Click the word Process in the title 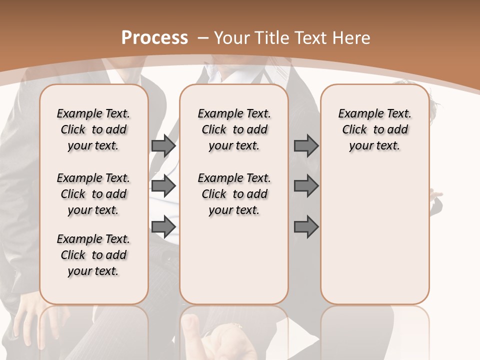[x=154, y=37]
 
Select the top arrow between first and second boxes [x=163, y=146]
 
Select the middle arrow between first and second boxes [x=163, y=186]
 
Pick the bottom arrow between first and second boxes [x=163, y=226]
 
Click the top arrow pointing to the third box [x=306, y=146]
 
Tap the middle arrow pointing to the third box [x=306, y=186]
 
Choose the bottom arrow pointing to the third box [x=306, y=226]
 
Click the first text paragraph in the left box [x=93, y=129]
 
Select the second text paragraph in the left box [x=93, y=194]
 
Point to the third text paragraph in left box [x=93, y=255]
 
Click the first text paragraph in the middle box [x=234, y=129]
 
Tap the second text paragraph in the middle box [x=234, y=194]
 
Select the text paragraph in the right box [x=375, y=129]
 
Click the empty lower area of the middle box [x=234, y=260]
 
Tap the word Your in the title [x=231, y=37]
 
